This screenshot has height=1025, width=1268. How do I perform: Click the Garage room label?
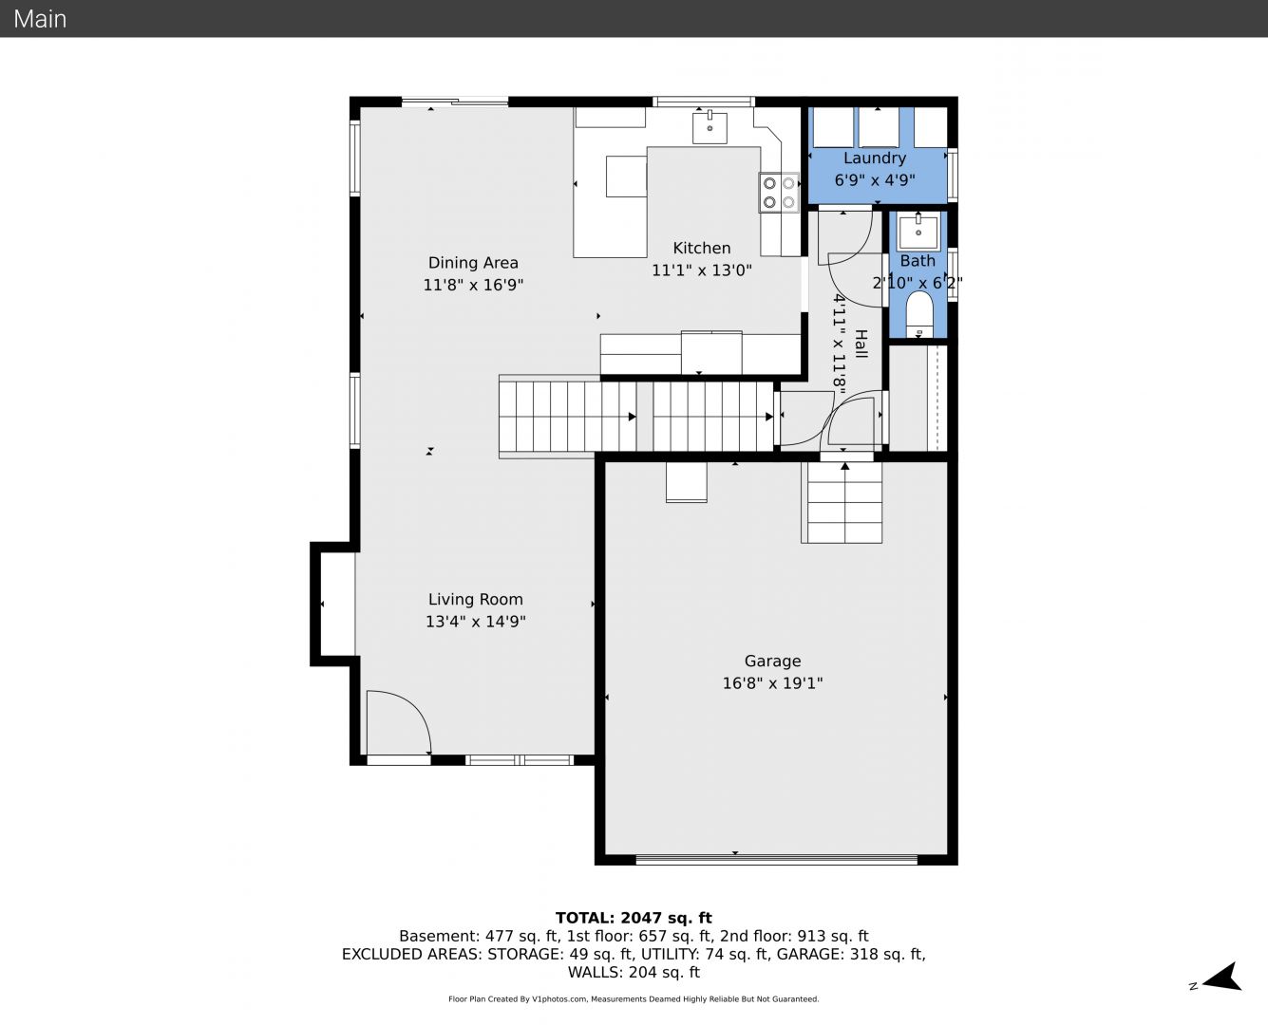click(772, 661)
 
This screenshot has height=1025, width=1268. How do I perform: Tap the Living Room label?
click(476, 599)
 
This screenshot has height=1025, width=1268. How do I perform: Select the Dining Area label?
click(473, 262)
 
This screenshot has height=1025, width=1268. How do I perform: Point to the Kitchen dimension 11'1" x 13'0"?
click(702, 270)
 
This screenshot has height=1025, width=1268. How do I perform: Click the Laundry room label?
click(875, 158)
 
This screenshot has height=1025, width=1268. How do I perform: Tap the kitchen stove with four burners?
click(779, 193)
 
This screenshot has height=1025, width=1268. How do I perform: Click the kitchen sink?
click(710, 127)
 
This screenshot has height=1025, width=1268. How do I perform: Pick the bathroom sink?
click(918, 232)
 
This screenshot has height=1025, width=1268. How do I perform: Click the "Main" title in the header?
click(40, 19)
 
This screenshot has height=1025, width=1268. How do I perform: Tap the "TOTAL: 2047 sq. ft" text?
click(634, 918)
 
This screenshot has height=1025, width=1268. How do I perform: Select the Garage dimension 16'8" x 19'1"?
click(772, 683)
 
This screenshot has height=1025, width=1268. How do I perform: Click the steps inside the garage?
click(842, 503)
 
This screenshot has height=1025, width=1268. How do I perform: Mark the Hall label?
click(861, 344)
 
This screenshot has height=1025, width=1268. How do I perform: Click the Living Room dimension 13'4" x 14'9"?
click(476, 622)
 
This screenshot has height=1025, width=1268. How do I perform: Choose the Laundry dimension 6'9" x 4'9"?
click(875, 180)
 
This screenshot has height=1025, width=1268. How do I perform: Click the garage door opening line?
click(777, 859)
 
